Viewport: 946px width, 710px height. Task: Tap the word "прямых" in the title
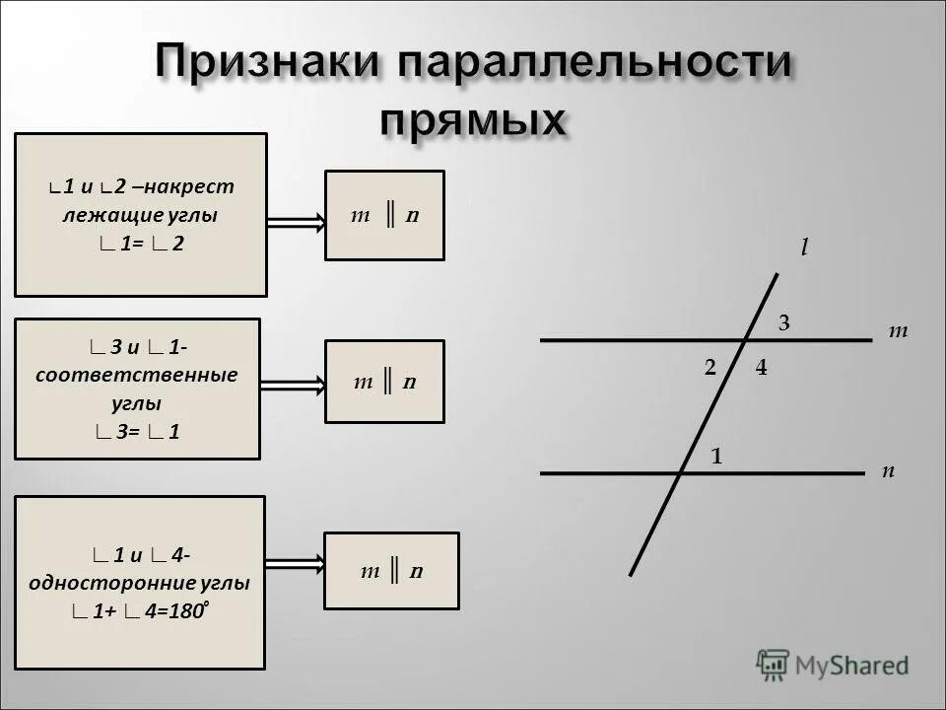(473, 120)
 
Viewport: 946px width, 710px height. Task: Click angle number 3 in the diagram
(784, 322)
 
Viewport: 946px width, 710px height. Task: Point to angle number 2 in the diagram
(709, 368)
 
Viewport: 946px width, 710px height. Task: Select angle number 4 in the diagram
(761, 368)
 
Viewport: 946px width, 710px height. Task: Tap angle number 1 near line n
(717, 457)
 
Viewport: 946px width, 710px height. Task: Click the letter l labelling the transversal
(803, 248)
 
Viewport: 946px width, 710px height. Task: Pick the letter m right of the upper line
(897, 332)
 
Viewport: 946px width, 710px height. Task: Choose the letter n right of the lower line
(888, 471)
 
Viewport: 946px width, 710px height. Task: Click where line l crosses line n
(681, 473)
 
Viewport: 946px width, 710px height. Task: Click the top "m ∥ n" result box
(384, 216)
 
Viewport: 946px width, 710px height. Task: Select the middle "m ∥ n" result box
(384, 382)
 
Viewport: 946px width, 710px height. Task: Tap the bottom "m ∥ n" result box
(391, 571)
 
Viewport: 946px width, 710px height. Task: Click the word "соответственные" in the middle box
(137, 376)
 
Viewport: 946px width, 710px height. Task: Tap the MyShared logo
(833, 665)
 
